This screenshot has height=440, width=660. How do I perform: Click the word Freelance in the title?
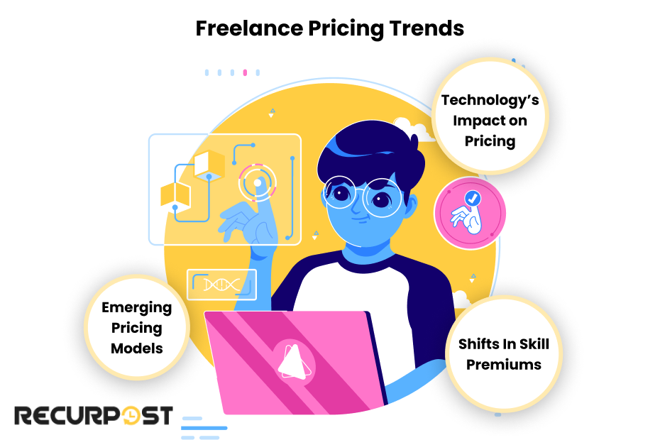[238, 28]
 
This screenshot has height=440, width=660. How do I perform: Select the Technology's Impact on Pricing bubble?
[490, 119]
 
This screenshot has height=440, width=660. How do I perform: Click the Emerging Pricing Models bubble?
[136, 327]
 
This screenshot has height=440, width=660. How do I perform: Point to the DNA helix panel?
[221, 285]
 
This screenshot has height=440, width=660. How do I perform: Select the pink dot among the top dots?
[245, 72]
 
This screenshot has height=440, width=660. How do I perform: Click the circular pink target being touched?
[257, 182]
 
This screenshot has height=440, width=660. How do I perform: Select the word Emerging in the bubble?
[136, 308]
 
